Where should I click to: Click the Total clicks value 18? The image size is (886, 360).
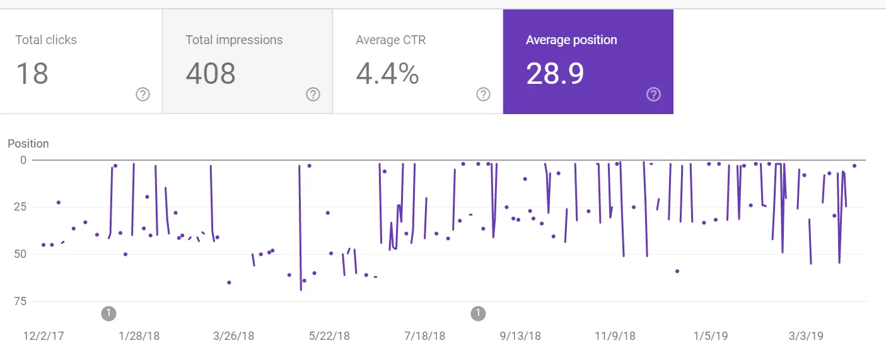click(32, 74)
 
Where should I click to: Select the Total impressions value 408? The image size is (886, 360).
click(211, 74)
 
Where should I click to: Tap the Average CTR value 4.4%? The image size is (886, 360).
click(387, 74)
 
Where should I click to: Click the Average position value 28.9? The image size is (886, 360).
click(555, 74)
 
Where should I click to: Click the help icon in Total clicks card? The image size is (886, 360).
click(143, 95)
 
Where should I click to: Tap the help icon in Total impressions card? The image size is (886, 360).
click(313, 95)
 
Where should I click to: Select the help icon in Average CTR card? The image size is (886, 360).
click(483, 95)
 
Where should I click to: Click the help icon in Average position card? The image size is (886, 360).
click(653, 95)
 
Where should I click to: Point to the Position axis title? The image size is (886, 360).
click(28, 144)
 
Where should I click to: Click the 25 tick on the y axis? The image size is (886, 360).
click(20, 207)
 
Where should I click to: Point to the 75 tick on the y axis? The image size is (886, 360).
click(20, 301)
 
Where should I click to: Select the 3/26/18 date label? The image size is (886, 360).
click(233, 336)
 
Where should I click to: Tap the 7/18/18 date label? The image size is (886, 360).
click(424, 336)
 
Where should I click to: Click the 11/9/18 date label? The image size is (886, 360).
click(615, 336)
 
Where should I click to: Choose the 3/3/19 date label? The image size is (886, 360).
click(806, 336)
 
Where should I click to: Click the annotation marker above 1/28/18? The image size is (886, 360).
click(108, 313)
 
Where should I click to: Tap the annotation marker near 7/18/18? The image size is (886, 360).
click(478, 313)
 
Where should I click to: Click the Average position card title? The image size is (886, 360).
click(571, 40)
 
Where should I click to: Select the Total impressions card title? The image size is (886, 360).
click(234, 40)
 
